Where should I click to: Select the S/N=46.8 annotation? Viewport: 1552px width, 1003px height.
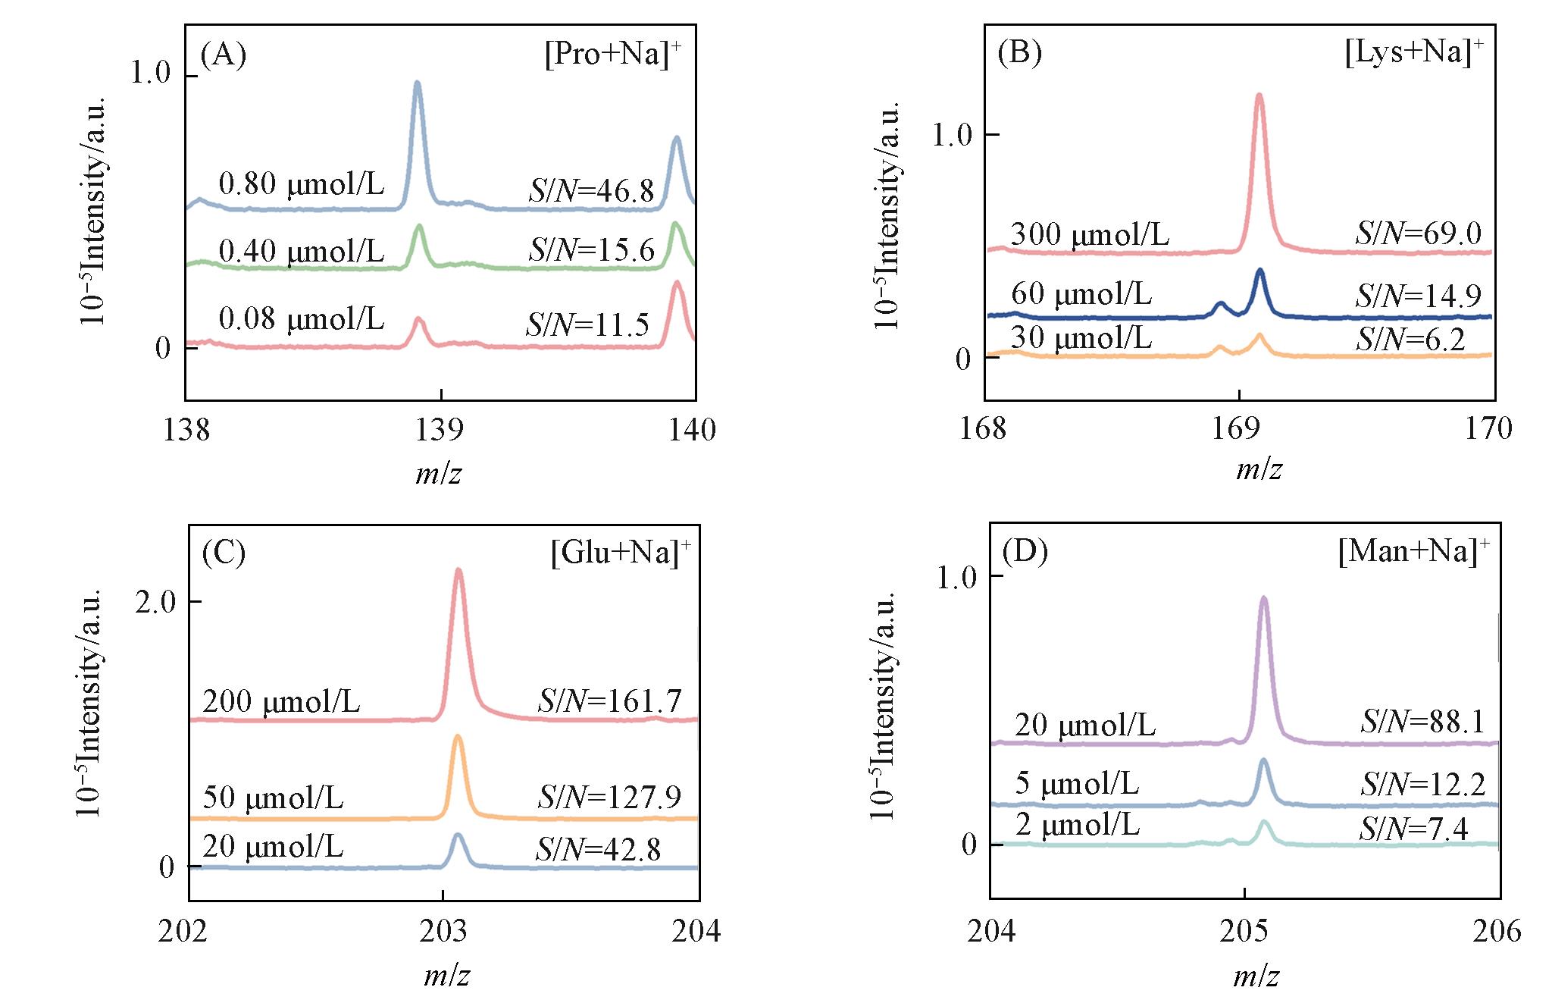(x=591, y=191)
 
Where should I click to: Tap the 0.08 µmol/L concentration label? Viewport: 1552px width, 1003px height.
(x=301, y=319)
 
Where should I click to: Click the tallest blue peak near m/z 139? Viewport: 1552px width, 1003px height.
(x=417, y=83)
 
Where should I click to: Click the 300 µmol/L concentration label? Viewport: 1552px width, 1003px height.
(x=1090, y=234)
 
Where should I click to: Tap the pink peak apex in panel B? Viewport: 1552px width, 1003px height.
(x=1259, y=96)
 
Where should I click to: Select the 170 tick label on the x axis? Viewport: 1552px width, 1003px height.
(x=1488, y=428)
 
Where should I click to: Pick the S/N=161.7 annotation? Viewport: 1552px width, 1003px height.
(x=609, y=701)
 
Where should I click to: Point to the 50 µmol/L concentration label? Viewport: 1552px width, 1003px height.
(x=273, y=798)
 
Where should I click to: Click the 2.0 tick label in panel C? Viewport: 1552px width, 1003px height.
(x=155, y=603)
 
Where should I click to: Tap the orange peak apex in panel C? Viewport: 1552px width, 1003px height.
(x=458, y=736)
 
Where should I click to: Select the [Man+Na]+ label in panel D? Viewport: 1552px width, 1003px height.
(x=1413, y=550)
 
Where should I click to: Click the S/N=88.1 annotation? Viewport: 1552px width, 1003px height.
(x=1422, y=722)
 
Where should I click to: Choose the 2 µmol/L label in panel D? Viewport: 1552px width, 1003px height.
(x=1077, y=824)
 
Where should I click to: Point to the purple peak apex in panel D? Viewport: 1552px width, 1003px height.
(x=1263, y=598)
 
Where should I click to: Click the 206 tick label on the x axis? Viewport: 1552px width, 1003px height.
(x=1497, y=930)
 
